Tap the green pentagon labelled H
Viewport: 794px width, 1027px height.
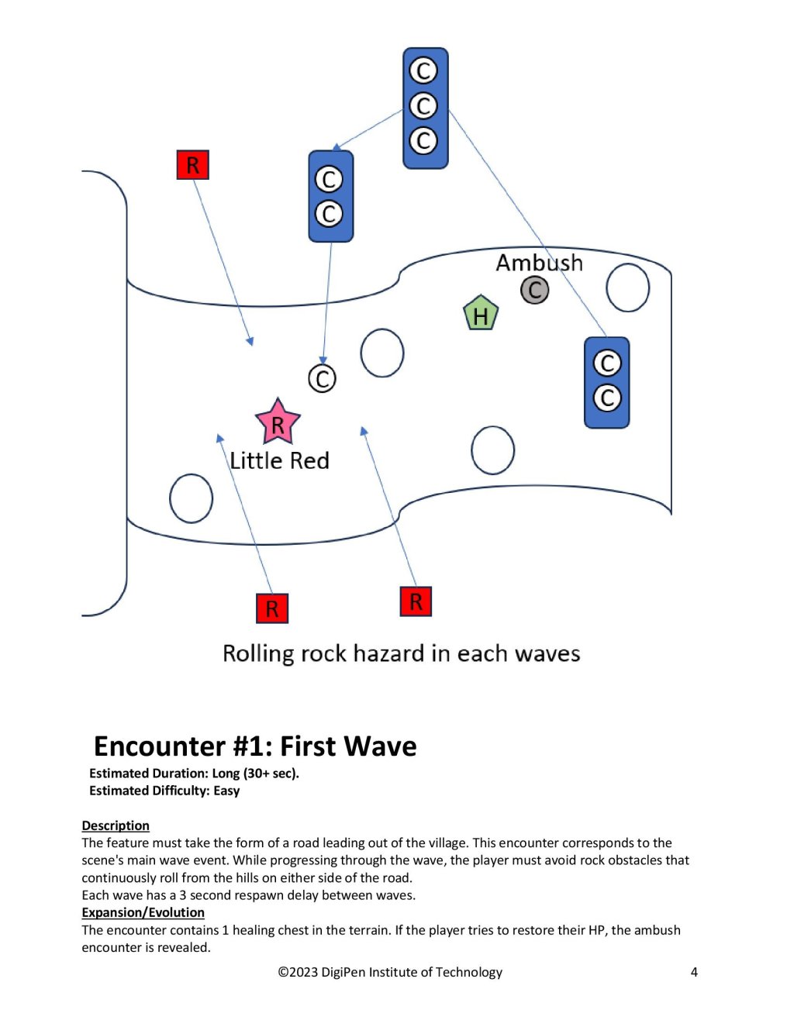pyautogui.click(x=481, y=314)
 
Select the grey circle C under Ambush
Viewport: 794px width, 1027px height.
pyautogui.click(x=534, y=290)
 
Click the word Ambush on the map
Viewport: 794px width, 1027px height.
pyautogui.click(x=539, y=263)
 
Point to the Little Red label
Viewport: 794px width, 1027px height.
pyautogui.click(x=279, y=460)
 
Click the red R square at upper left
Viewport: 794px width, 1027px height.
pyautogui.click(x=192, y=164)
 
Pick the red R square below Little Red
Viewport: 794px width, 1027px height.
pyautogui.click(x=271, y=608)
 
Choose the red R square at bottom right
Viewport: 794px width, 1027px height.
pyautogui.click(x=416, y=601)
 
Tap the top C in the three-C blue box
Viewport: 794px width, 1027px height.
pyautogui.click(x=423, y=71)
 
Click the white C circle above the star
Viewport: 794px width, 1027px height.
pyautogui.click(x=322, y=379)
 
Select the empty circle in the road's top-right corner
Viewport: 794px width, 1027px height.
pyautogui.click(x=627, y=288)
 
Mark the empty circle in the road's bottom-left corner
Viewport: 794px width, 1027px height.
pyautogui.click(x=191, y=498)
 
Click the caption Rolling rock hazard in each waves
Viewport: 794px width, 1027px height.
pyautogui.click(x=401, y=653)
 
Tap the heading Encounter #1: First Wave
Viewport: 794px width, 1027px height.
pyautogui.click(x=255, y=746)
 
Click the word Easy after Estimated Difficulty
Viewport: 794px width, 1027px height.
pyautogui.click(x=226, y=791)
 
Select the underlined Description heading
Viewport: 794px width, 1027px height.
pyautogui.click(x=116, y=825)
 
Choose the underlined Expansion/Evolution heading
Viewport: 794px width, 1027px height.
pyautogui.click(x=143, y=912)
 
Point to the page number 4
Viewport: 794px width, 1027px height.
pyautogui.click(x=694, y=972)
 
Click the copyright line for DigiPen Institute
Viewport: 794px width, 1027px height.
pyautogui.click(x=390, y=972)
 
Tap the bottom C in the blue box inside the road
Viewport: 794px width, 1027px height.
pyautogui.click(x=607, y=398)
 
